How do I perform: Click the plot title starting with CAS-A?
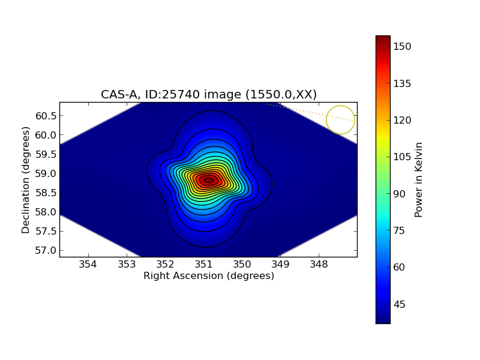[209, 94]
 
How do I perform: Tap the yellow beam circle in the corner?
[340, 120]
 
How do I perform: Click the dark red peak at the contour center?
[208, 180]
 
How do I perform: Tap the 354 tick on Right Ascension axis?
[88, 265]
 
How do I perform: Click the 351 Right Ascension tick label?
[203, 265]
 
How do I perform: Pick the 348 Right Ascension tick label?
[319, 265]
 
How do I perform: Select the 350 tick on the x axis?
[242, 265]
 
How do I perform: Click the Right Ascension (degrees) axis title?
[209, 276]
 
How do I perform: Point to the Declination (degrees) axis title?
[26, 179]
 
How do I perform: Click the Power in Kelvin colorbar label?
[419, 179]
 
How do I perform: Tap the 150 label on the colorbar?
[403, 47]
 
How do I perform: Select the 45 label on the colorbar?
[400, 304]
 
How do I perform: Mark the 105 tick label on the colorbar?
[403, 157]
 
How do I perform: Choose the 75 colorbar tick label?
[400, 230]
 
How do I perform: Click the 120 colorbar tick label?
[403, 120]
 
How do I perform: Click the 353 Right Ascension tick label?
[127, 265]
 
